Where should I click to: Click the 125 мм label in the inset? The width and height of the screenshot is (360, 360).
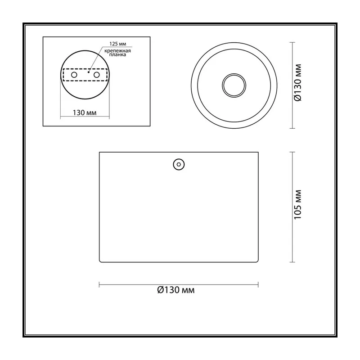117,44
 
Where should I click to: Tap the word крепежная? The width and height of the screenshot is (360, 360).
117,51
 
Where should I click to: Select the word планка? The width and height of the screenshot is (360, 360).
117,55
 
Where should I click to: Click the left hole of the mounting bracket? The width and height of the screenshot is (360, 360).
74,75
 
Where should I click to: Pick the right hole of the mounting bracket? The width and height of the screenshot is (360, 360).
97,75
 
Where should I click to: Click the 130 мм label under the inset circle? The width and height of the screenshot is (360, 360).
85,113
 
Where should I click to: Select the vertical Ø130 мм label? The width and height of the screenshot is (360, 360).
298,83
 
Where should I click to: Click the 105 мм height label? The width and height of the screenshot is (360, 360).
298,205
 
